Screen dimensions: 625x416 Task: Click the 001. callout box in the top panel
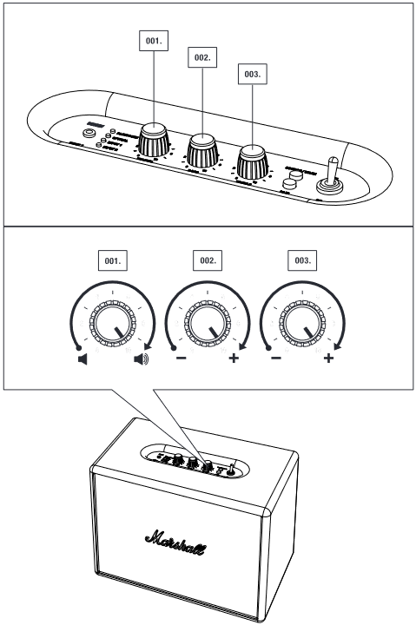(x=154, y=39)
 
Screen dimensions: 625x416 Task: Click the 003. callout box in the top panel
(x=251, y=76)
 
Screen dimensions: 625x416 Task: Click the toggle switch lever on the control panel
(x=331, y=171)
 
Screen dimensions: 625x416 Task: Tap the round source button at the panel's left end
(x=89, y=135)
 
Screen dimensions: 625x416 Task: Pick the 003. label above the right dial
(x=302, y=260)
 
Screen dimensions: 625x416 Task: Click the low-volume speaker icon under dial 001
(x=83, y=359)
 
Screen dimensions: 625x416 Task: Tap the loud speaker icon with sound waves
(x=141, y=359)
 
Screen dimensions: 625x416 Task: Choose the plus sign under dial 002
(x=234, y=359)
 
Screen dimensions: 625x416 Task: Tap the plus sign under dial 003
(x=329, y=359)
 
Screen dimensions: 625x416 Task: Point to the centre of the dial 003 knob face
(x=302, y=326)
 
